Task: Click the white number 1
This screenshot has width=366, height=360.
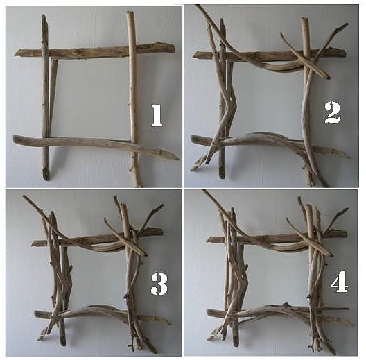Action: [157, 115]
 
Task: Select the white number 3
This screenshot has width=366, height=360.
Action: [159, 284]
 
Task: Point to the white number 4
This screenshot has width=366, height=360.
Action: [340, 282]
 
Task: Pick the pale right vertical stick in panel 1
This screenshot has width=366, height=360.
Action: [133, 98]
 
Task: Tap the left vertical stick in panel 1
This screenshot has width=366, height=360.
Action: [45, 98]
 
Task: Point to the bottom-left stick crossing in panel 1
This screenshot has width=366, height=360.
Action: [46, 142]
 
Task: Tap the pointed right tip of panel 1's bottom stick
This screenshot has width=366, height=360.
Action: [179, 160]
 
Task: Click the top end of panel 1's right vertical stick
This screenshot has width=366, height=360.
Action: [130, 12]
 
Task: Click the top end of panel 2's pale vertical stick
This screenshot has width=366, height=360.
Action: [305, 19]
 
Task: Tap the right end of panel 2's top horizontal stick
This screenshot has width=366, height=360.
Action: [345, 52]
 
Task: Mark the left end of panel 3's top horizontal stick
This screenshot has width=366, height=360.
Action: [32, 243]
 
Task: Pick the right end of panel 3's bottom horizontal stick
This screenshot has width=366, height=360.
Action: [170, 323]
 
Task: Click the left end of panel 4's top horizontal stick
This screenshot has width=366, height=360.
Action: [208, 240]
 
